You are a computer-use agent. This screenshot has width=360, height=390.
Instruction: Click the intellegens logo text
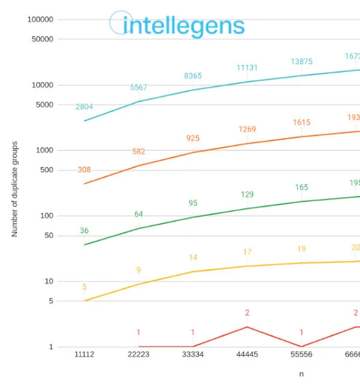click(184, 26)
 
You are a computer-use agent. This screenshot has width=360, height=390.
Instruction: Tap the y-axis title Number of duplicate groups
click(15, 189)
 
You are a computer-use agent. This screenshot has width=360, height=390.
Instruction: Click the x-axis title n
click(301, 374)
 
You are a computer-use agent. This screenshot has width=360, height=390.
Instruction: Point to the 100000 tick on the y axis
click(40, 19)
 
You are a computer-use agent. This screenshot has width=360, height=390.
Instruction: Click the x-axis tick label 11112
click(84, 355)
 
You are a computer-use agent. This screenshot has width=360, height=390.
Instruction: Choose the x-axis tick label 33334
click(193, 355)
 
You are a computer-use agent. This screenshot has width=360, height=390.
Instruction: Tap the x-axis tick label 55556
click(301, 355)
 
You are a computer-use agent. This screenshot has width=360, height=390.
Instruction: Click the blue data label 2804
click(84, 107)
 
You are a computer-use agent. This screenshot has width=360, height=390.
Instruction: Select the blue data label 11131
click(247, 68)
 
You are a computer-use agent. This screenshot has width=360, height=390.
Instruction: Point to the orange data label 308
click(84, 170)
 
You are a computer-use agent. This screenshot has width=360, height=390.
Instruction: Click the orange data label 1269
click(247, 129)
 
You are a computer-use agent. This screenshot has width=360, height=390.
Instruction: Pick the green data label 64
click(139, 214)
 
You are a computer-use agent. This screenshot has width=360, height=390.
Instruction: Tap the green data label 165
click(301, 187)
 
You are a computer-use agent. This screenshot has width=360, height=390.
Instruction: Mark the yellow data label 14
click(193, 257)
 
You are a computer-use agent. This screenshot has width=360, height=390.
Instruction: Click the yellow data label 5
click(84, 287)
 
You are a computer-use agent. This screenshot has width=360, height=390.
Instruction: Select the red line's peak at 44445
click(247, 327)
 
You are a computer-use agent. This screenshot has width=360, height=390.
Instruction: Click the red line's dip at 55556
click(301, 346)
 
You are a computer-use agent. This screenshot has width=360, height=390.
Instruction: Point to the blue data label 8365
click(193, 76)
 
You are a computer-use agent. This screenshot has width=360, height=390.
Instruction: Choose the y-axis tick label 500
click(46, 170)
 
